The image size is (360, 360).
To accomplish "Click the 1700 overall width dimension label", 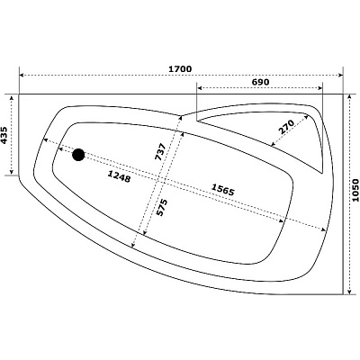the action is point(180,69).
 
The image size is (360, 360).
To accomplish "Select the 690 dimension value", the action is point(260,82).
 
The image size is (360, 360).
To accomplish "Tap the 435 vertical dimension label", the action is point(4,135).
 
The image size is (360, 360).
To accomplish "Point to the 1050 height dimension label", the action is point(355,190).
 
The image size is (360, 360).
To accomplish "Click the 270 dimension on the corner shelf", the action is point(285,127).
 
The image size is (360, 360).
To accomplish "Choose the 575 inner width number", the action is point(161,207).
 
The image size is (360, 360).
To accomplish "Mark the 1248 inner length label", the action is point(119,176).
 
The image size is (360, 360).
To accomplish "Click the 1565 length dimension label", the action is point(222,190).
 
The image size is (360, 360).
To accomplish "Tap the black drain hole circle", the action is point(78,155).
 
